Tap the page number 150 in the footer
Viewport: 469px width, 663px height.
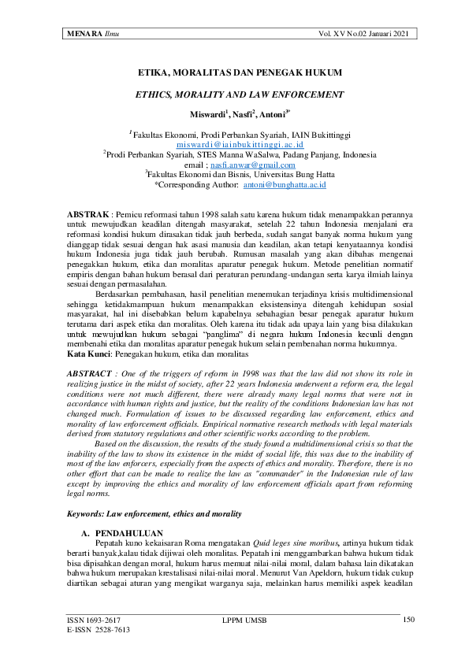coord(408,620)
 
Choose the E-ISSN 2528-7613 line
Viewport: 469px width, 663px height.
coord(99,630)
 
